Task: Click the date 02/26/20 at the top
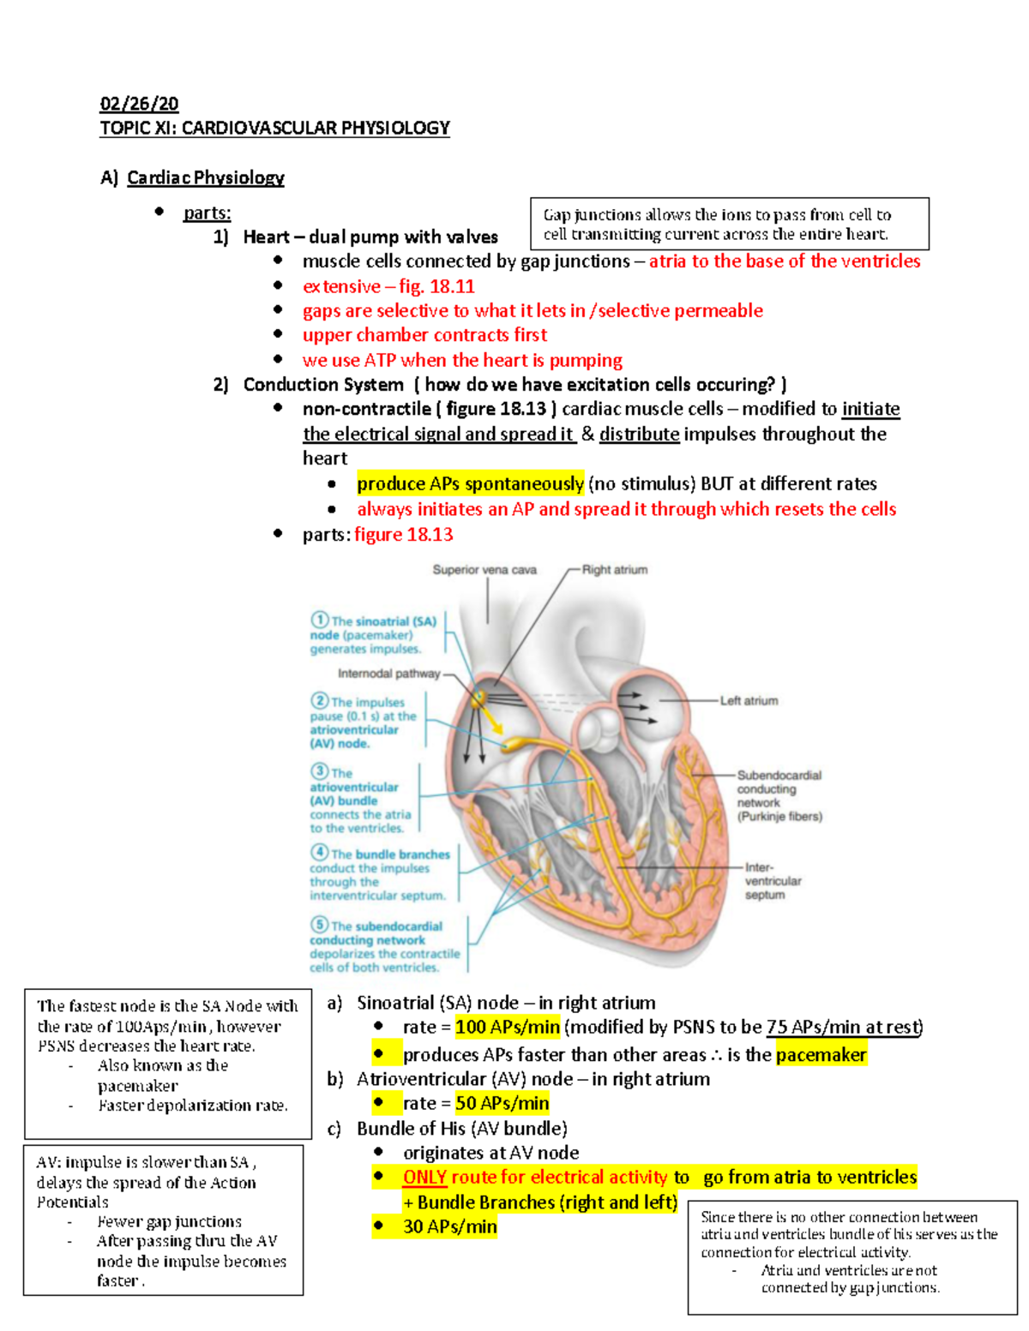click(x=139, y=104)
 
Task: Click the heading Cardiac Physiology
click(x=206, y=177)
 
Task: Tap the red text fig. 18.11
click(x=436, y=286)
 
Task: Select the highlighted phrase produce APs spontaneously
click(x=470, y=483)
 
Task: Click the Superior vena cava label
click(x=484, y=569)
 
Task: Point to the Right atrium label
click(x=615, y=569)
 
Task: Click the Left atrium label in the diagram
click(x=749, y=700)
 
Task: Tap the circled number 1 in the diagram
click(x=320, y=620)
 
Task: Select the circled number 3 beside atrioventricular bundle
click(x=320, y=771)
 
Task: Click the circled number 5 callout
click(x=320, y=925)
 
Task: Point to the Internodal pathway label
click(x=388, y=674)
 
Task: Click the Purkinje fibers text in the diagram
click(x=779, y=817)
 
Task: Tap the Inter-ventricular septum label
click(x=772, y=881)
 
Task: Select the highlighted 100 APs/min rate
click(x=508, y=1027)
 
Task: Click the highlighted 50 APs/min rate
click(x=502, y=1103)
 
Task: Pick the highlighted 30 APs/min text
click(x=450, y=1226)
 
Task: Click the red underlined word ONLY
click(x=424, y=1178)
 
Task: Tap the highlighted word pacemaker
click(x=821, y=1054)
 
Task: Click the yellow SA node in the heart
click(x=478, y=698)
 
